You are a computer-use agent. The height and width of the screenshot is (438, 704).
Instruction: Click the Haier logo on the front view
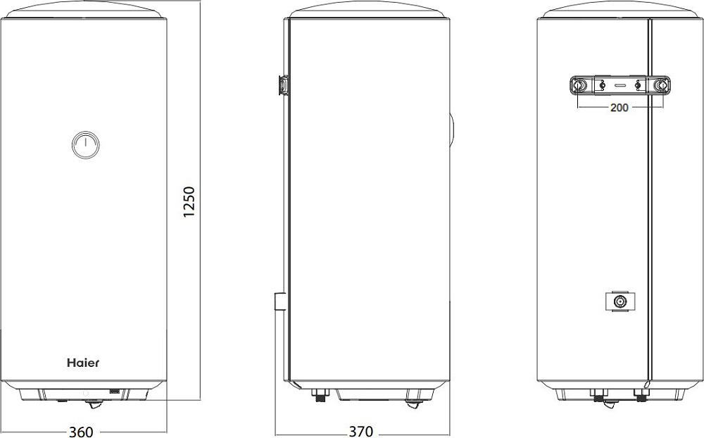tap(83, 363)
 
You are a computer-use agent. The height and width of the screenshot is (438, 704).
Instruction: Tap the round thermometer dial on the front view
tap(85, 145)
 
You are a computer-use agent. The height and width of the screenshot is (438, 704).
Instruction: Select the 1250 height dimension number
tap(189, 201)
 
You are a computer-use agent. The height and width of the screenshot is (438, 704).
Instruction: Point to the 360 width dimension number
tap(81, 432)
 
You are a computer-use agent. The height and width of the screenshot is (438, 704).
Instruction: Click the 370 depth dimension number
tap(361, 432)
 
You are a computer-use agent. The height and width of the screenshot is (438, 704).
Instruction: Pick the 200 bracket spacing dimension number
tap(620, 107)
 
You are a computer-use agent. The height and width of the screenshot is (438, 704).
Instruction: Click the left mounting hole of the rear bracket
tap(579, 85)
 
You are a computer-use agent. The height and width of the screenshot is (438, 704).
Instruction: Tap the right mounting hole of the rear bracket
tap(661, 85)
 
